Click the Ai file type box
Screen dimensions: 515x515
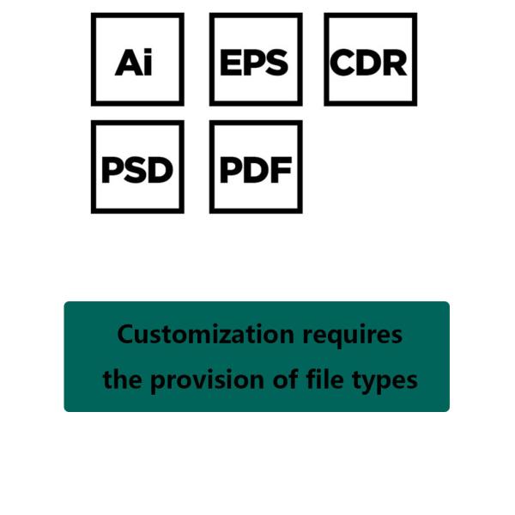click(x=137, y=59)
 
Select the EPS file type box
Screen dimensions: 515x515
click(x=255, y=59)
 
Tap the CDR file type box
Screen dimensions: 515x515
click(x=370, y=59)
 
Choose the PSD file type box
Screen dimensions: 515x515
click(x=137, y=167)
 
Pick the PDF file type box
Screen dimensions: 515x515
click(x=255, y=167)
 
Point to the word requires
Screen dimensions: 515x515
click(x=352, y=335)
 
